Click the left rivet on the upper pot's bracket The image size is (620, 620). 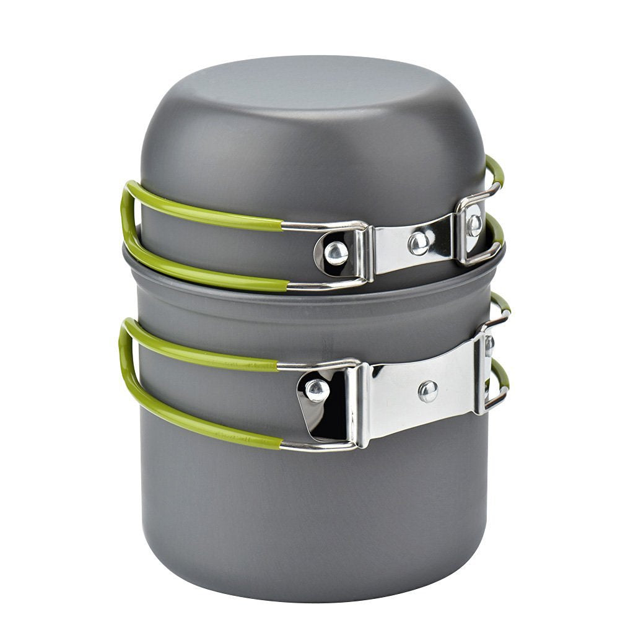click(x=336, y=253)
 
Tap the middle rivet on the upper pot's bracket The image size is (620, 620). click(x=419, y=242)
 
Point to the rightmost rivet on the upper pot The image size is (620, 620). click(x=474, y=224)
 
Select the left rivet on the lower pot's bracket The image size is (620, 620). click(x=317, y=390)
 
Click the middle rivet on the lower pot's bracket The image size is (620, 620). click(x=427, y=390)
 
